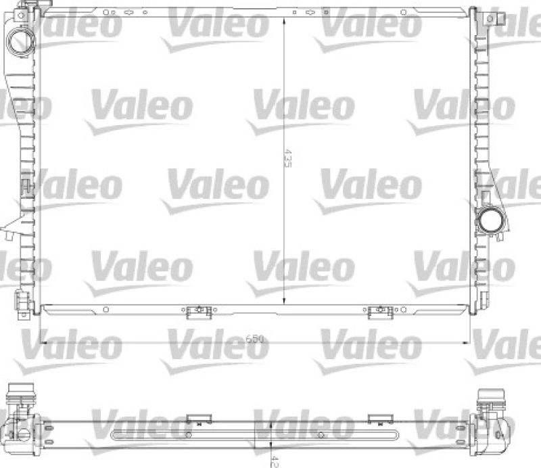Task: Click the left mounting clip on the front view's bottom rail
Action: [197, 311]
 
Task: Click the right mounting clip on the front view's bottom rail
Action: [379, 311]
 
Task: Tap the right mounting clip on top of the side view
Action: [378, 417]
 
